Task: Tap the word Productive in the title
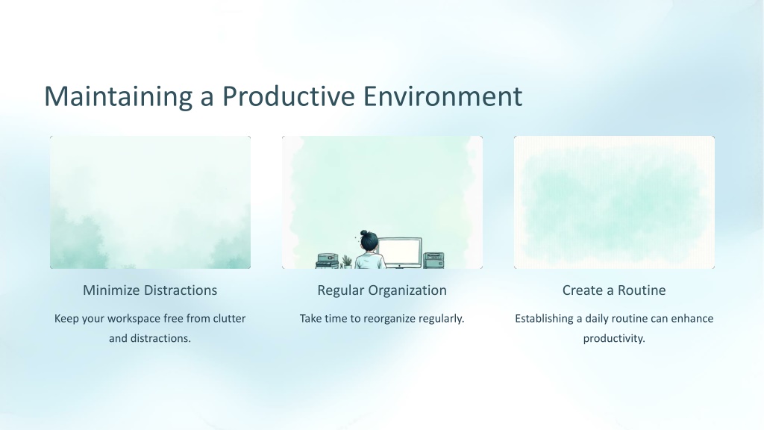pyautogui.click(x=289, y=96)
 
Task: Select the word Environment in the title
pyautogui.click(x=442, y=96)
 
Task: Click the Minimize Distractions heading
pyautogui.click(x=150, y=290)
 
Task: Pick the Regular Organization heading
pyautogui.click(x=382, y=290)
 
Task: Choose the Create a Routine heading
pyautogui.click(x=614, y=290)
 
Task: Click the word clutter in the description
pyautogui.click(x=230, y=318)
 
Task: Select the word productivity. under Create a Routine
pyautogui.click(x=614, y=339)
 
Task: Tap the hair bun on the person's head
pyautogui.click(x=363, y=233)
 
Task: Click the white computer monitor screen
pyautogui.click(x=400, y=252)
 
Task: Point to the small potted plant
pyautogui.click(x=347, y=262)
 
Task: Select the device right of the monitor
pyautogui.click(x=433, y=261)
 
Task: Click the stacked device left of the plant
pyautogui.click(x=328, y=261)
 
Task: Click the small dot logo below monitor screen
pyautogui.click(x=400, y=267)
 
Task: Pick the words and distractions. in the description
pyautogui.click(x=149, y=338)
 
